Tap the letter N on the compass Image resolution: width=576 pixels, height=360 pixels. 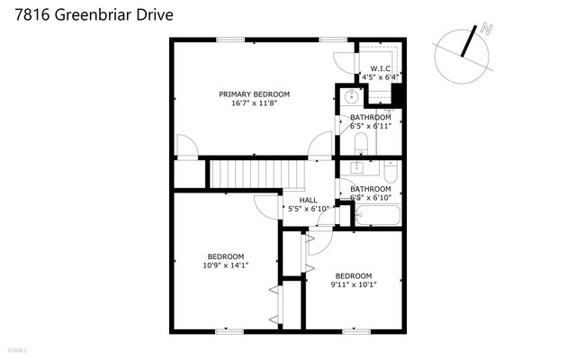(x=487, y=31)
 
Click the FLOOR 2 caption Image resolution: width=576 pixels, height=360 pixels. (x=17, y=349)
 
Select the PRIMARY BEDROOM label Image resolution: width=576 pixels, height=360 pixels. (x=254, y=94)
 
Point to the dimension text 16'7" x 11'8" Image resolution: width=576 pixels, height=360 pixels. (x=254, y=103)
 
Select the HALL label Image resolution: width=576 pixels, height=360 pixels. (x=308, y=200)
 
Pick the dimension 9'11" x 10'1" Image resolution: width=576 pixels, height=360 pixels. (x=354, y=285)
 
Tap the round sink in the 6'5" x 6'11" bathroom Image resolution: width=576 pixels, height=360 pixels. (x=351, y=97)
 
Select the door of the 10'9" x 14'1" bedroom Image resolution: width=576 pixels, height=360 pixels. (x=265, y=207)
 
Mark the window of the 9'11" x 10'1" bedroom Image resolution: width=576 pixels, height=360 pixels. (x=355, y=331)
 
